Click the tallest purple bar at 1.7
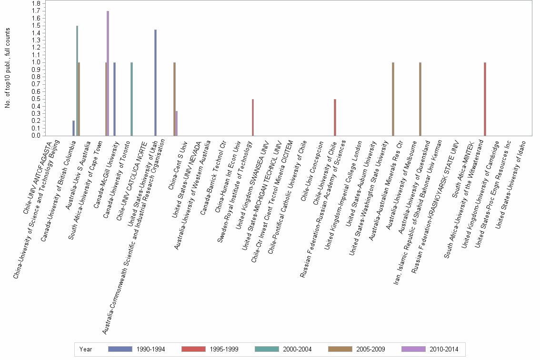coord(108,73)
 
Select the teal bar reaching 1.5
coord(77,81)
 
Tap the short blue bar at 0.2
coord(73,128)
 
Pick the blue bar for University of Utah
coord(155,83)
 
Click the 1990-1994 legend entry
coord(137,349)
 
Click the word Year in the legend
coord(86,349)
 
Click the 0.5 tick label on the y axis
coord(36,99)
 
